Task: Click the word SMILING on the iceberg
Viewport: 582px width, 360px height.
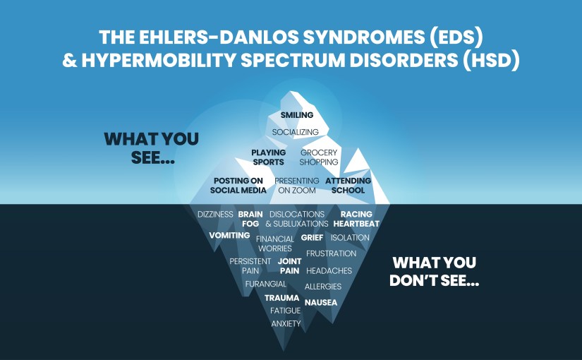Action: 296,115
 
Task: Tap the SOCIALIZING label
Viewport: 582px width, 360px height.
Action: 296,132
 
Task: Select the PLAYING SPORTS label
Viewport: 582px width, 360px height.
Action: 268,157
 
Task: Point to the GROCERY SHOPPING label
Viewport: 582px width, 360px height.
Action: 319,157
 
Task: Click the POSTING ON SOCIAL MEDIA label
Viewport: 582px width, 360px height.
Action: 239,185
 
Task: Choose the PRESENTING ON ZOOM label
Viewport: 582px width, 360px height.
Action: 296,185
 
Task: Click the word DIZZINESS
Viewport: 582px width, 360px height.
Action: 215,214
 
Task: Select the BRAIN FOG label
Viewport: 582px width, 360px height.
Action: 250,219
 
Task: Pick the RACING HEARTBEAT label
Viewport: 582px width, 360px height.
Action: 356,219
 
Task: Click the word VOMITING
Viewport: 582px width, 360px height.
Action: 229,235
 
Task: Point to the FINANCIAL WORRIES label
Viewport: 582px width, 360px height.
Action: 275,244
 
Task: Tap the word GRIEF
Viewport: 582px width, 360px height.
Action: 312,238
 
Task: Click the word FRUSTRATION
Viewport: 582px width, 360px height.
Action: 331,253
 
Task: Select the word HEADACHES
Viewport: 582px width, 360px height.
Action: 329,270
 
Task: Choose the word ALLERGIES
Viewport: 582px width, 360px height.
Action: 322,287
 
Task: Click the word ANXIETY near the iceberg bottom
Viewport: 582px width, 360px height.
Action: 286,323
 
